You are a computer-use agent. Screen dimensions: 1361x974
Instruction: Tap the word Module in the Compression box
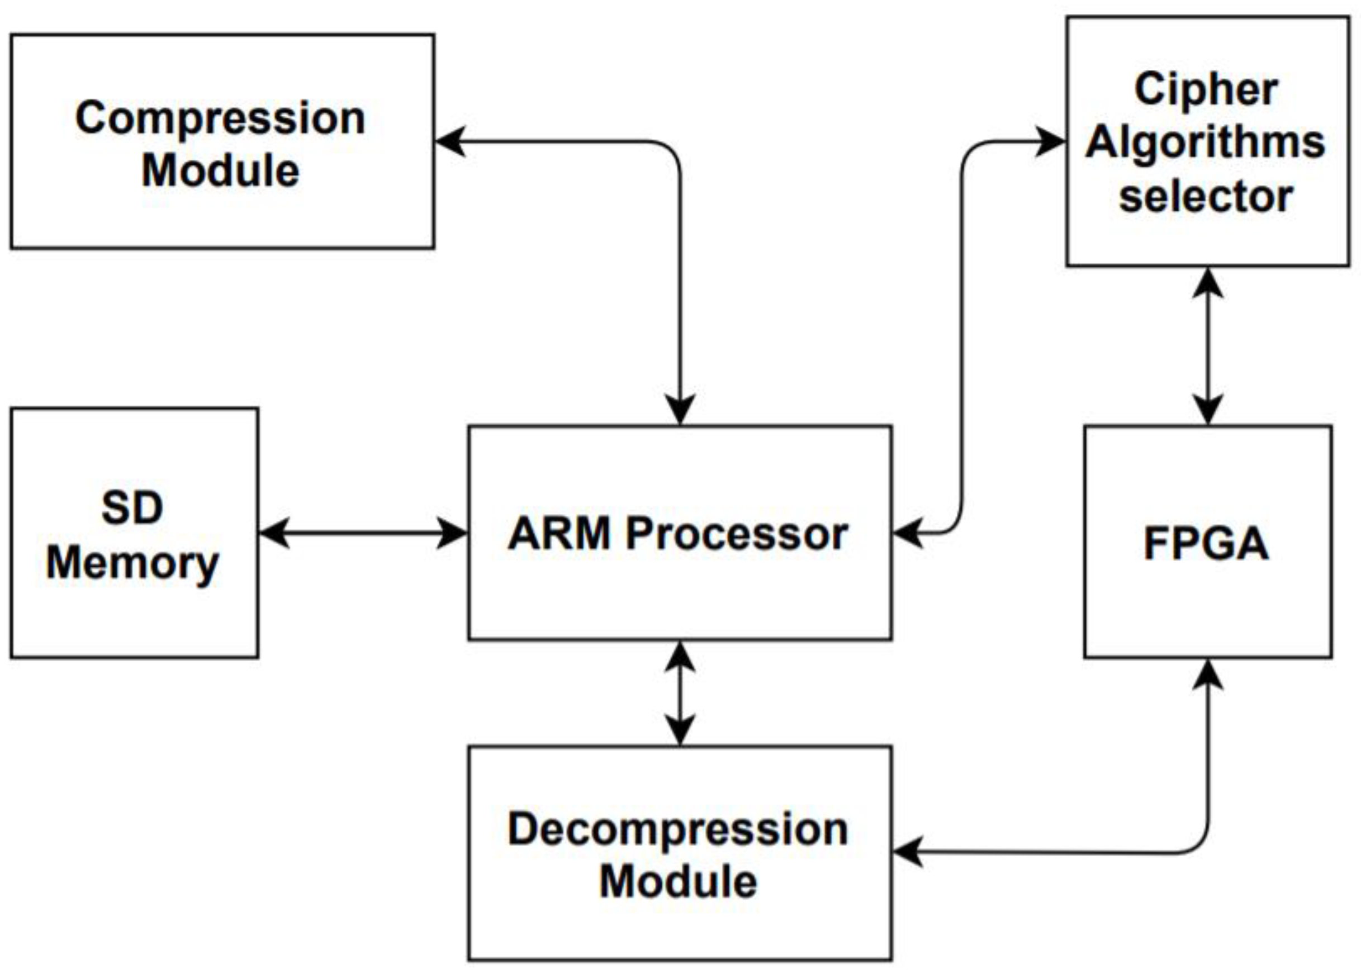click(x=220, y=171)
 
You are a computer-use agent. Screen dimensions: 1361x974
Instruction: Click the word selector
click(x=1206, y=196)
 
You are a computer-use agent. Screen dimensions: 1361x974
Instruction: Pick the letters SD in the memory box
click(x=132, y=507)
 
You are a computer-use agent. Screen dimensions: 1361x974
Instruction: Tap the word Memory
click(x=132, y=564)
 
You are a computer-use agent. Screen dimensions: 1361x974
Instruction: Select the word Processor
click(x=737, y=534)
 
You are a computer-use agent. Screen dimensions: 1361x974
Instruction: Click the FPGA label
click(x=1206, y=543)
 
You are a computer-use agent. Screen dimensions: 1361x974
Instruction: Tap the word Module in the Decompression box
click(x=678, y=882)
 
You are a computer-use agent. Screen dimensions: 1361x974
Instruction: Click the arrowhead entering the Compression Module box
click(x=450, y=142)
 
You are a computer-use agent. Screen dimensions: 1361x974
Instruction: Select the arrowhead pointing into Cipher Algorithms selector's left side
click(x=1051, y=142)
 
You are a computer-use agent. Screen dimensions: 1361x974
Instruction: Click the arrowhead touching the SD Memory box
click(x=274, y=533)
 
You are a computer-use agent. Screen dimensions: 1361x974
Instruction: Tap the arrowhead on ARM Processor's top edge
click(x=680, y=410)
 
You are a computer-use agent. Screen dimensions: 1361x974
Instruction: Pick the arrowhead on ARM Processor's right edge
click(x=908, y=533)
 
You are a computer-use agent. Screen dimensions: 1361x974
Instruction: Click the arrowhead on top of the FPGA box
click(x=1207, y=410)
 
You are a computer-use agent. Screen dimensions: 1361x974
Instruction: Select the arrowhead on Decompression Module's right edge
click(x=908, y=851)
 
